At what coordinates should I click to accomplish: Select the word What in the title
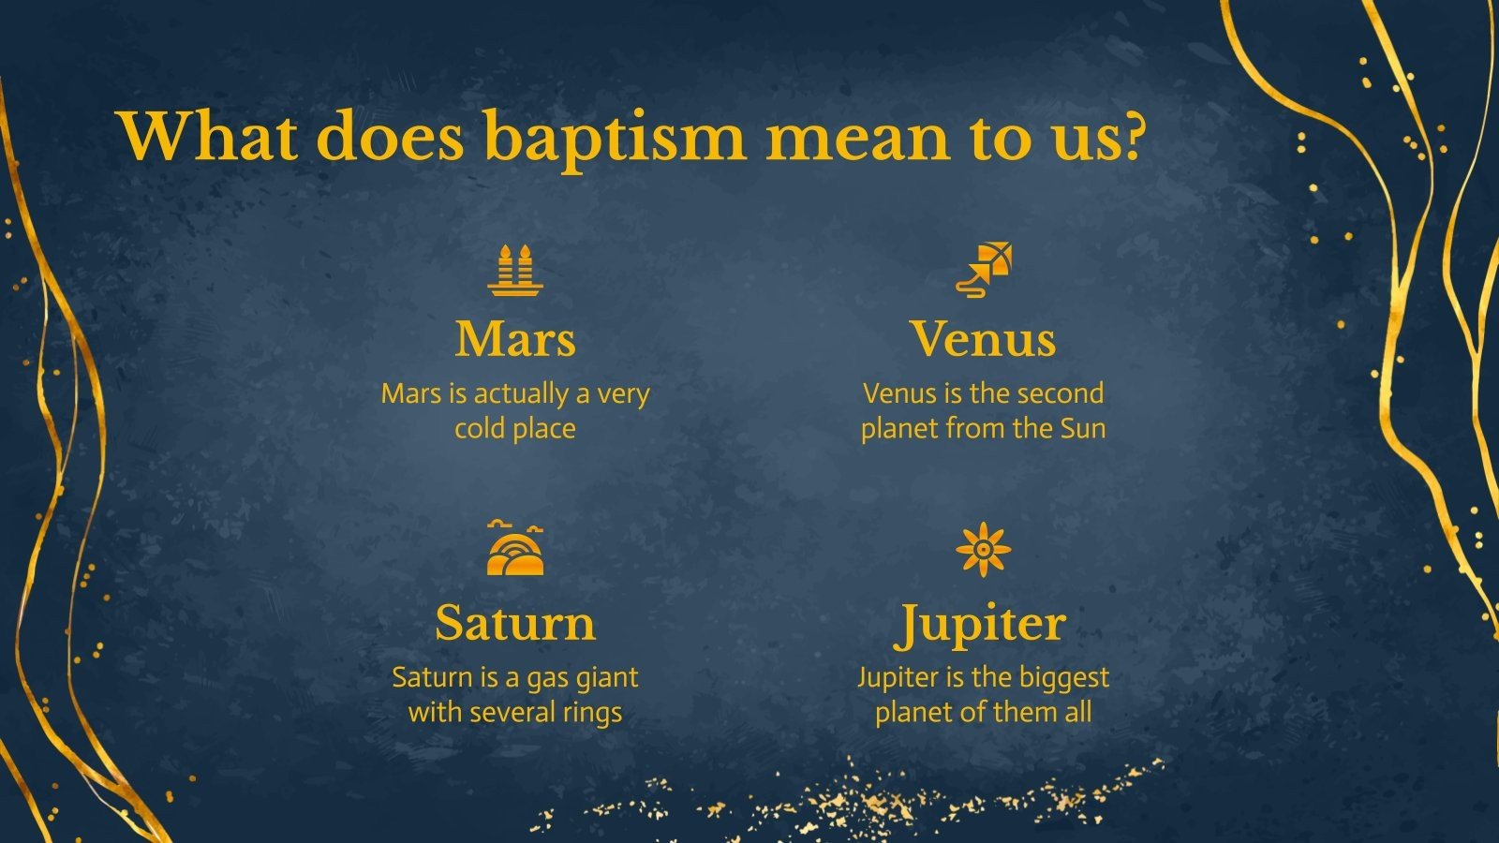(x=208, y=137)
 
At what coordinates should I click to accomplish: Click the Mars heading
(x=515, y=338)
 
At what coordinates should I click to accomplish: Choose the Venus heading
(x=983, y=338)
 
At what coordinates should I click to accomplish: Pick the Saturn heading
(x=515, y=622)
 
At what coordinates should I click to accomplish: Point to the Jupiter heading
(x=983, y=624)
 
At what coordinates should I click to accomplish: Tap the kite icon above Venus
(x=985, y=270)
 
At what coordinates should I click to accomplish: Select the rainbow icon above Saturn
(x=515, y=550)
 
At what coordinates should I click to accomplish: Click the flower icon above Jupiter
(x=983, y=550)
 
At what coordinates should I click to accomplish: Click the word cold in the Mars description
(x=478, y=429)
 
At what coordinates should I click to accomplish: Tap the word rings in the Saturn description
(x=591, y=713)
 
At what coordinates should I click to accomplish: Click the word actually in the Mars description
(x=521, y=394)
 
